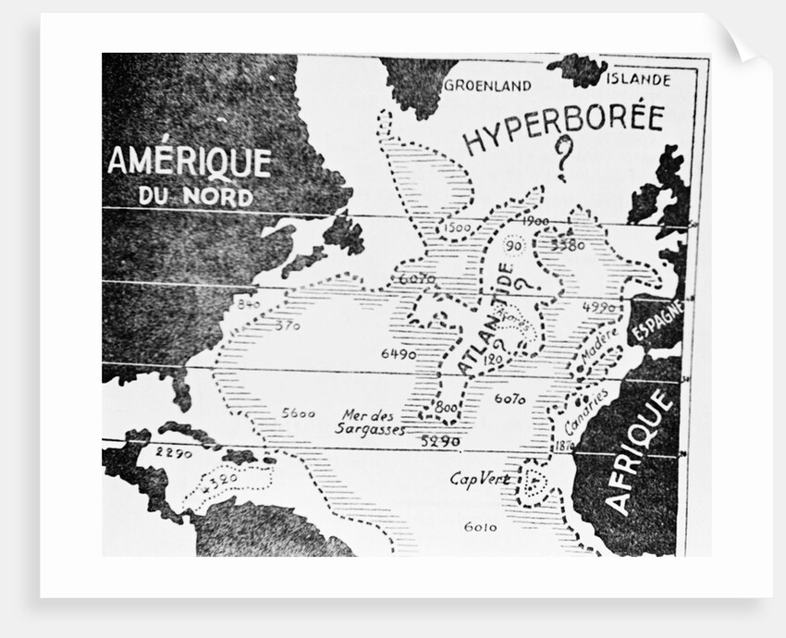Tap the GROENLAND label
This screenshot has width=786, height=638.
pos(487,86)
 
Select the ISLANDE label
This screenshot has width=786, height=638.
pos(638,80)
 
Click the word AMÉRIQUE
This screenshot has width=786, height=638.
pos(190,162)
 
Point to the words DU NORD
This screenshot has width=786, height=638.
pos(195,197)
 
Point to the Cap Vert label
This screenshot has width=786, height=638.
pos(480,479)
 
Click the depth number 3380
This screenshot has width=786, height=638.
pos(567,245)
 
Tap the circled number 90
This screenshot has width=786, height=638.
pos(514,245)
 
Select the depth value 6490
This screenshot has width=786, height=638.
pos(399,354)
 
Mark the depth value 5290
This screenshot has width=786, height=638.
pos(440,442)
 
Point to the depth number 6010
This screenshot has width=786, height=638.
pos(480,527)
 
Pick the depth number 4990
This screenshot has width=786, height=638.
pos(600,307)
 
